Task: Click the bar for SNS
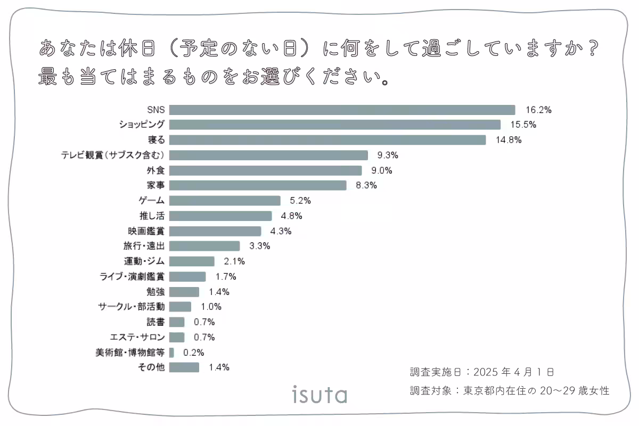click(x=342, y=110)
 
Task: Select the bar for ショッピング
click(x=335, y=125)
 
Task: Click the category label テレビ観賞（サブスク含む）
click(x=116, y=155)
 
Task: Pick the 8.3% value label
click(x=366, y=186)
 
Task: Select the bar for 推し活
click(x=220, y=216)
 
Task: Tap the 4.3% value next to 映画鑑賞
click(x=281, y=231)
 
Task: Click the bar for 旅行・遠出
click(x=204, y=246)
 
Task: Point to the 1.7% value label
click(x=225, y=276)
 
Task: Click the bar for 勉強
click(x=184, y=292)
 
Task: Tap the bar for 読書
click(x=177, y=322)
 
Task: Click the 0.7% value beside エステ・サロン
click(x=204, y=337)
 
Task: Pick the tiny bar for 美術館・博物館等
click(x=171, y=353)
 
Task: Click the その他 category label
click(x=152, y=367)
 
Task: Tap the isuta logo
click(x=319, y=395)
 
